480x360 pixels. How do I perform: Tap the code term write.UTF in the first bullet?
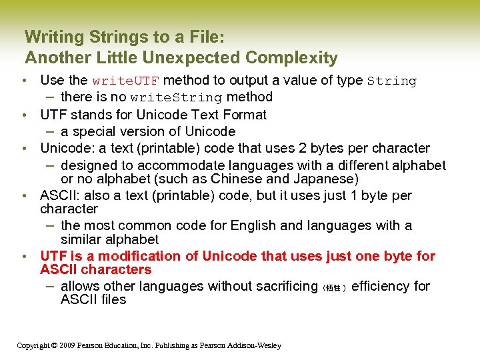[x=125, y=81]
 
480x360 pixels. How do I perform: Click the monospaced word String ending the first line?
[x=392, y=81]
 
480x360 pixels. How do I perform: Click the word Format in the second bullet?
[x=244, y=115]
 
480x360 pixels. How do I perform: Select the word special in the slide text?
[x=97, y=131]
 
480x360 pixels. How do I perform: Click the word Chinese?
[x=237, y=179]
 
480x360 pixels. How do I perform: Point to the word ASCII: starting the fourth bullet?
[x=59, y=195]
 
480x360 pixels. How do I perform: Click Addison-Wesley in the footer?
[x=255, y=345]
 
